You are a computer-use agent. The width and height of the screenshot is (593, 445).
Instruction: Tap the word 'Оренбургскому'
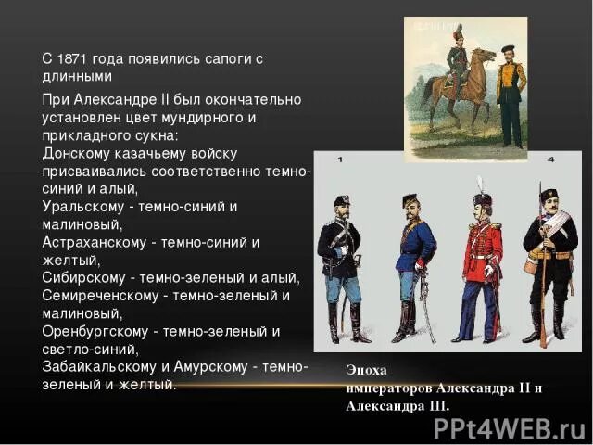point(94,331)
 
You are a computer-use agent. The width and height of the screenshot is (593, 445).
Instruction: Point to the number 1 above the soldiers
point(339,160)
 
